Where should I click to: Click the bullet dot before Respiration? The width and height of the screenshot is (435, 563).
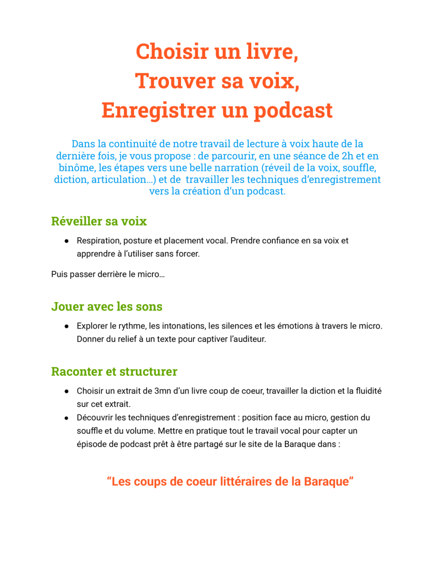click(x=66, y=240)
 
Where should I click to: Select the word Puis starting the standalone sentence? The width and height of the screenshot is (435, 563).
click(x=59, y=274)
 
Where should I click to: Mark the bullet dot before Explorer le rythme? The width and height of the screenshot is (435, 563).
click(x=66, y=326)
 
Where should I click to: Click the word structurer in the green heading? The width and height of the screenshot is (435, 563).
click(x=146, y=371)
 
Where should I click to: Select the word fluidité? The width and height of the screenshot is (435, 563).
click(x=365, y=391)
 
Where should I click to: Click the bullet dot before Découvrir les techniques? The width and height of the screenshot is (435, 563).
click(x=66, y=418)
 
